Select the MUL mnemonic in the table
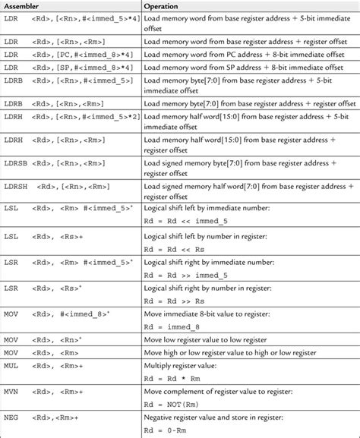[11, 365]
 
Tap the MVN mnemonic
[11, 392]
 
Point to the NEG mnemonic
[11, 418]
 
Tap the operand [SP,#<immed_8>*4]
[98, 68]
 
